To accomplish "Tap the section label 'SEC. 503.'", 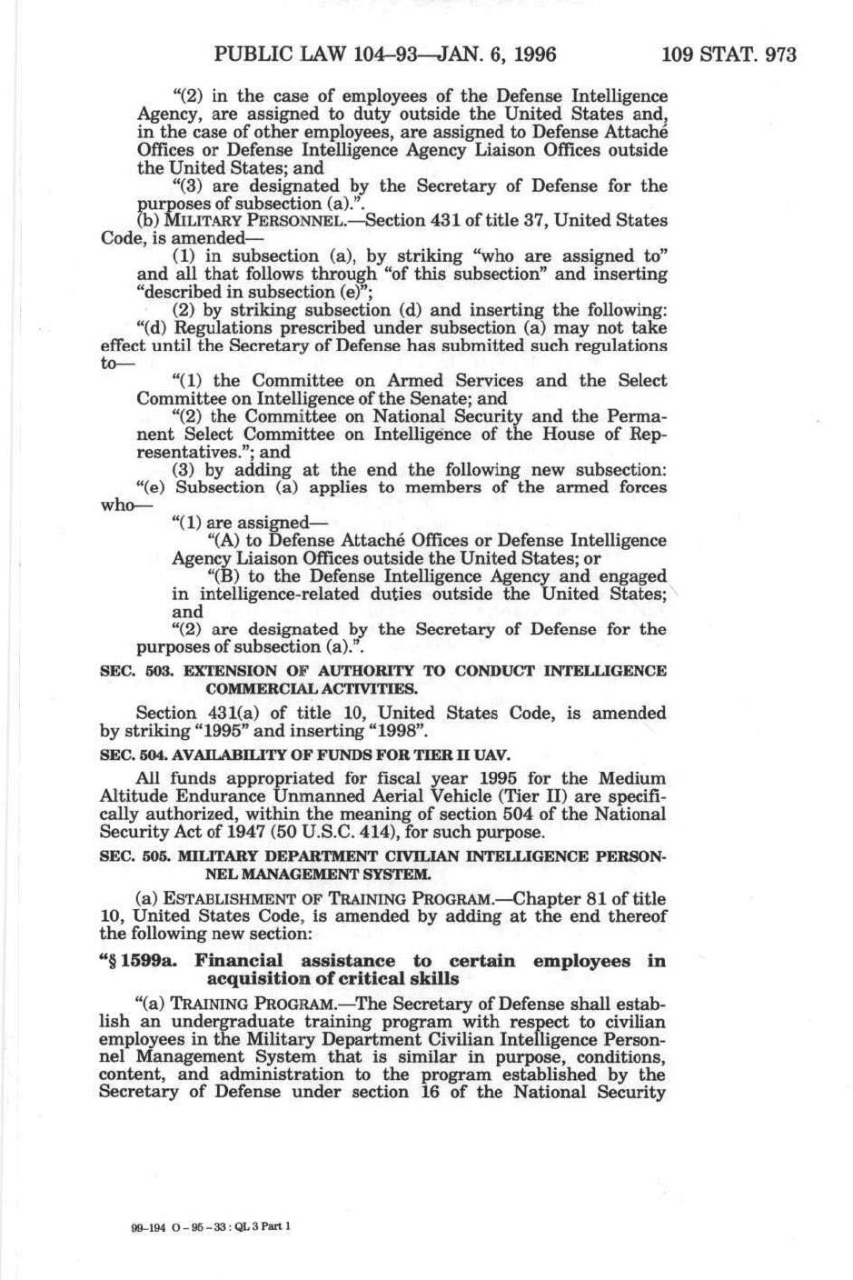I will pos(134,671).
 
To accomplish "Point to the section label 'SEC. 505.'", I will pos(134,857).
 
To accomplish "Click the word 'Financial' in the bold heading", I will pos(239,961).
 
